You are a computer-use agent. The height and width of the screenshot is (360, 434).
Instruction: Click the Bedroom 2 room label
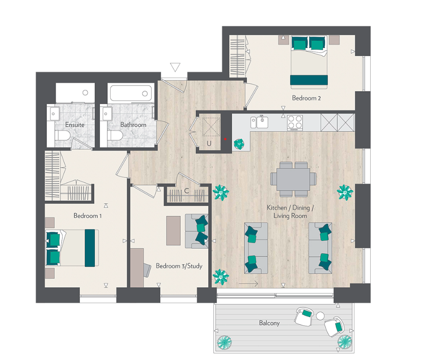click(x=306, y=98)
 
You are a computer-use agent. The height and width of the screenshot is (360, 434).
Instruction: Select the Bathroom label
click(x=133, y=125)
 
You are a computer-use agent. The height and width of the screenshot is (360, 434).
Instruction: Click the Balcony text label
click(x=269, y=323)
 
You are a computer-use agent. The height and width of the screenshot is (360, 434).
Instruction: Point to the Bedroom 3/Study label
click(x=179, y=266)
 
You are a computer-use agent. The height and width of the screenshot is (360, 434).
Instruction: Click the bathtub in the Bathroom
click(x=131, y=93)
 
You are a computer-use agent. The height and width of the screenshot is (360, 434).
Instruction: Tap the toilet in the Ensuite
click(x=62, y=136)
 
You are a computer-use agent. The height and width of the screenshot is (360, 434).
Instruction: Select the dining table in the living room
click(x=293, y=179)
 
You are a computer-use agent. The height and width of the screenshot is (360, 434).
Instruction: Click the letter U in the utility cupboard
click(x=209, y=144)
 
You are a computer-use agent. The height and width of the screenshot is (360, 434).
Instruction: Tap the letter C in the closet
click(x=186, y=191)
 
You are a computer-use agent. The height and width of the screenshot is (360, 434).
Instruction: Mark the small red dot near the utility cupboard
click(x=226, y=139)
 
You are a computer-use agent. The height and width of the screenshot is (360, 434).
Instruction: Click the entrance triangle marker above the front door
click(x=175, y=68)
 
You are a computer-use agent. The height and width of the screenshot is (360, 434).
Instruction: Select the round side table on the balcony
click(x=320, y=316)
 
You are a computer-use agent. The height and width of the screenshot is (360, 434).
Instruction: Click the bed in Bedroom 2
click(x=308, y=61)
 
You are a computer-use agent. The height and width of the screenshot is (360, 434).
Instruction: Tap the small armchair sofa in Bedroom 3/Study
click(x=197, y=231)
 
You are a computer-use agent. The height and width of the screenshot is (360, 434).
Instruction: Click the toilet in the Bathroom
click(x=115, y=136)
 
